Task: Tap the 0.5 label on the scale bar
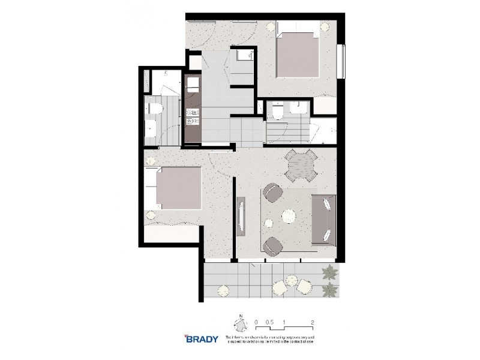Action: pyautogui.click(x=270, y=322)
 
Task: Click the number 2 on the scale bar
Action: pyautogui.click(x=313, y=322)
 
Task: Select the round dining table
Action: pyautogui.click(x=301, y=164)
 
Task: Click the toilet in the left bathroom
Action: pyautogui.click(x=154, y=109)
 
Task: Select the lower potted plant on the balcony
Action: pyautogui.click(x=329, y=291)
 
